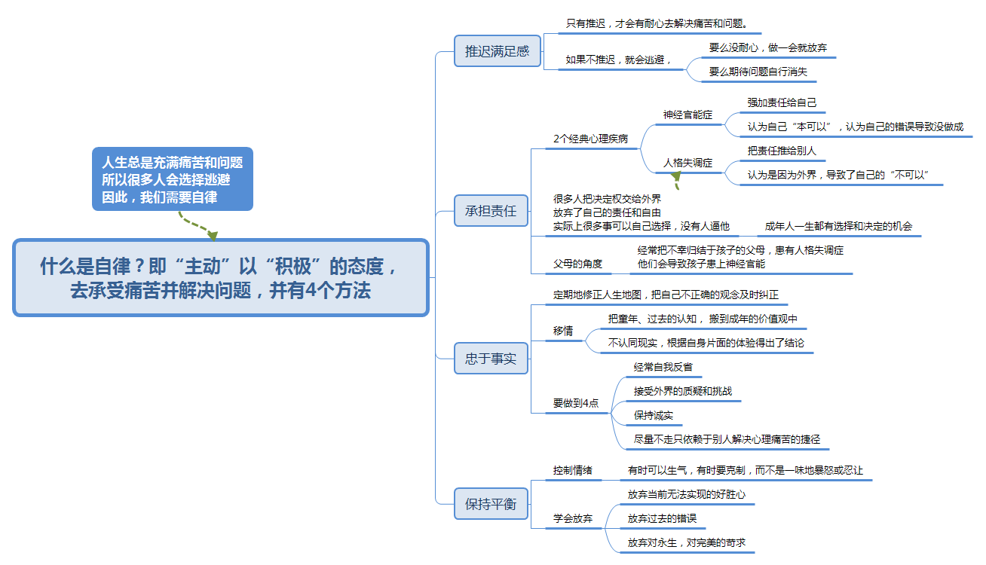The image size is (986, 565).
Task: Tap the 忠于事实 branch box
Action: [491, 359]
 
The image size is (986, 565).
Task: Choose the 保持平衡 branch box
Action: [491, 504]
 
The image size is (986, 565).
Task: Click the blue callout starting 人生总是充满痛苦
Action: [173, 179]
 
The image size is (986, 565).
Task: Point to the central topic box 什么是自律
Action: [221, 278]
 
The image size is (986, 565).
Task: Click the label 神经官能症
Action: [687, 115]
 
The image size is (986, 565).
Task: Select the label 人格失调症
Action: [687, 163]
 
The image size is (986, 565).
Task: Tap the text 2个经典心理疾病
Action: [590, 139]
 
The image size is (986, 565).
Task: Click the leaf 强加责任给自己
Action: [782, 102]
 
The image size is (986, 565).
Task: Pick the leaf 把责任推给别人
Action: [782, 151]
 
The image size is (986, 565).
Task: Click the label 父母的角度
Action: [577, 264]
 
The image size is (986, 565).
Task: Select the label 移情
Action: [563, 331]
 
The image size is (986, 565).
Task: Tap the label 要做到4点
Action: [576, 403]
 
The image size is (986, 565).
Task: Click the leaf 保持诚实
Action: [654, 415]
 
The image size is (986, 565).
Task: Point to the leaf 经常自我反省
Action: [663, 367]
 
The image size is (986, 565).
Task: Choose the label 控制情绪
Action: [572, 470]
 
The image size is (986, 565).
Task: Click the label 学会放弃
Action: [572, 518]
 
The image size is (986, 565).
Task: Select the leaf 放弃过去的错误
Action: [662, 518]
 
